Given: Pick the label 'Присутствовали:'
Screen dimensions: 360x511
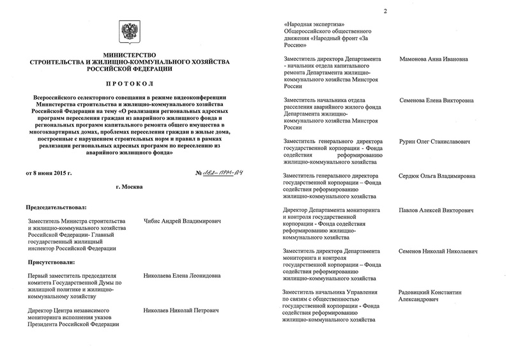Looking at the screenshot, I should (x=49, y=262).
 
